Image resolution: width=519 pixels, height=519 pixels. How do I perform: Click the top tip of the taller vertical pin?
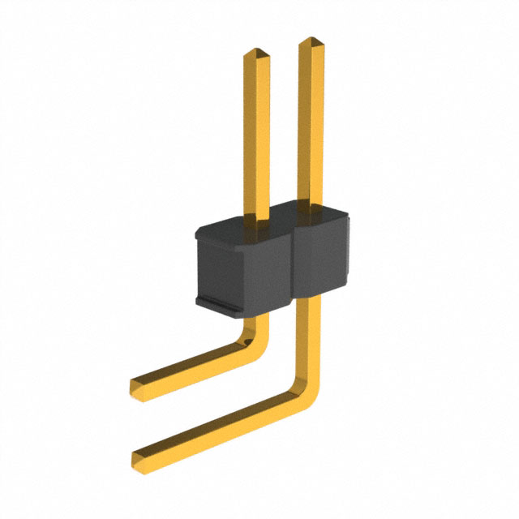pyautogui.click(x=313, y=41)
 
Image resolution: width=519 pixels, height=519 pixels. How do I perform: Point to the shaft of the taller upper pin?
pyautogui.click(x=314, y=122)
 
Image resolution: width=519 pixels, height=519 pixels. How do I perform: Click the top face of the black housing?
pyautogui.click(x=268, y=223)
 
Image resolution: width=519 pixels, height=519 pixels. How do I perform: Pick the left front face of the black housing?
pyautogui.click(x=243, y=272)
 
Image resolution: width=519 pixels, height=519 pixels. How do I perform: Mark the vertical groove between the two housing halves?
pyautogui.click(x=293, y=268)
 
